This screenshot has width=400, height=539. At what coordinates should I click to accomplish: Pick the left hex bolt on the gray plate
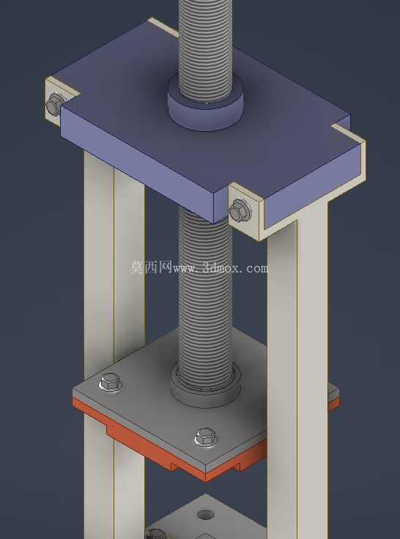[111, 382]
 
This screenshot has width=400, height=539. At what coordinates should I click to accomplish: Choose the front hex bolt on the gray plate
[206, 437]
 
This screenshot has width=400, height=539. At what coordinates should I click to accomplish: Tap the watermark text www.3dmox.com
[221, 268]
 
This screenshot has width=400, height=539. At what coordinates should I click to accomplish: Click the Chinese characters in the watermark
[151, 267]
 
